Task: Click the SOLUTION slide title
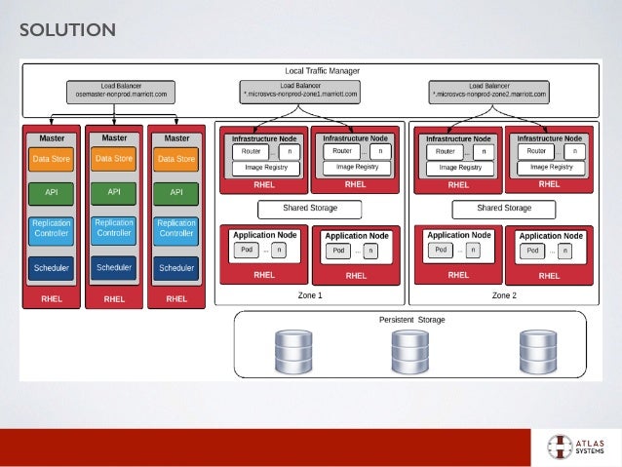pyautogui.click(x=67, y=31)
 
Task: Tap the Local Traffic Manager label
pyautogui.click(x=322, y=71)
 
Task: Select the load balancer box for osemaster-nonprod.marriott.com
pyautogui.click(x=123, y=92)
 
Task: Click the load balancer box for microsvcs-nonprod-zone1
pyautogui.click(x=300, y=92)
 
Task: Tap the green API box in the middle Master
pyautogui.click(x=114, y=192)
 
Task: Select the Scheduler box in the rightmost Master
pyautogui.click(x=176, y=267)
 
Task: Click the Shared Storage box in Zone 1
pyautogui.click(x=309, y=209)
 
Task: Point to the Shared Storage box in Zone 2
pyautogui.click(x=504, y=209)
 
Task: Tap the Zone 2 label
pyautogui.click(x=504, y=294)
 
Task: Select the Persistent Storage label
pyautogui.click(x=410, y=320)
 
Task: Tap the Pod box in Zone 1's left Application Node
pyautogui.click(x=246, y=250)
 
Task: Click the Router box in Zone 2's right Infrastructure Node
pyautogui.click(x=536, y=152)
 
